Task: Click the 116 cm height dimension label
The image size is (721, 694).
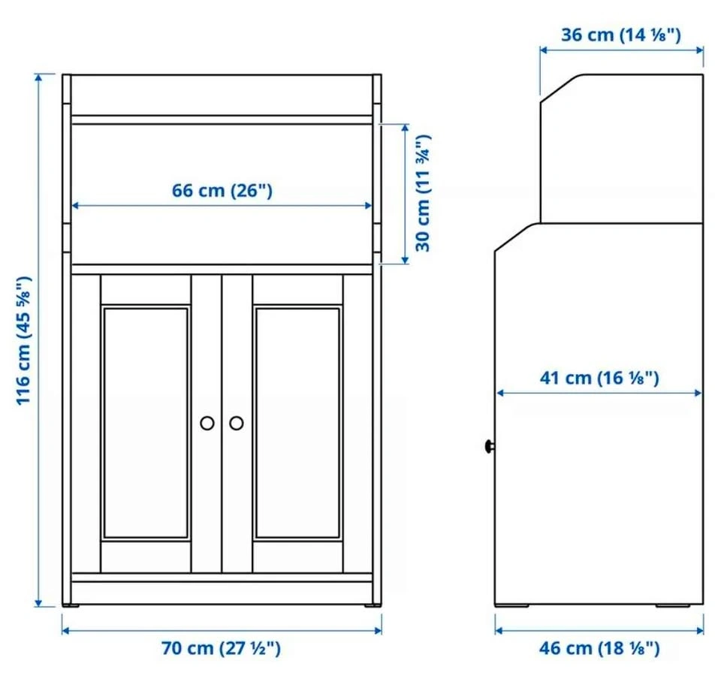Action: click(x=24, y=341)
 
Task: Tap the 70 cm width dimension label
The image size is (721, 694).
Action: click(x=221, y=648)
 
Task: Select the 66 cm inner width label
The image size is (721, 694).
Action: click(x=222, y=191)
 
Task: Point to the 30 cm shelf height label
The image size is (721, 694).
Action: click(x=423, y=193)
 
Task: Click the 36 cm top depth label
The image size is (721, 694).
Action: click(x=621, y=35)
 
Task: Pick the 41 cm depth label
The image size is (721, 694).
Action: click(x=599, y=378)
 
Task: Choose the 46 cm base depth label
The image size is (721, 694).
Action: click(x=599, y=648)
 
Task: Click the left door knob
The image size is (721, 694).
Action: click(x=207, y=423)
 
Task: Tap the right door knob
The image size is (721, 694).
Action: click(x=237, y=423)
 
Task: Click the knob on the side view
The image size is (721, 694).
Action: click(x=490, y=446)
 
